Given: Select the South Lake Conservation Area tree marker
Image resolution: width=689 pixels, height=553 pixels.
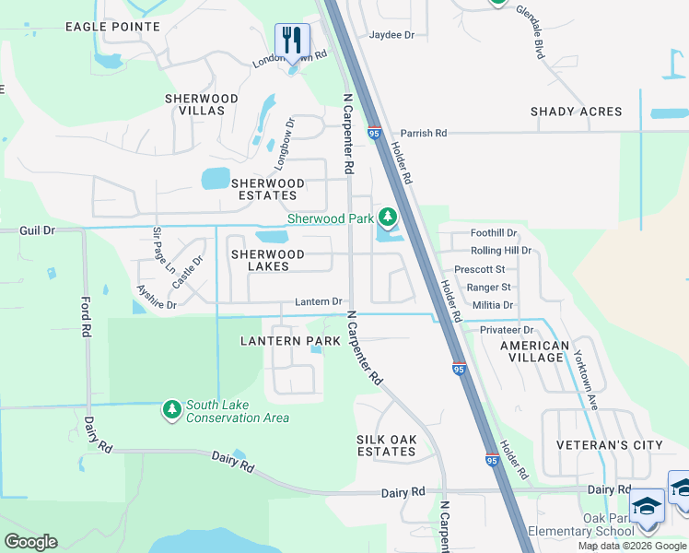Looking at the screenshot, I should coord(170,408).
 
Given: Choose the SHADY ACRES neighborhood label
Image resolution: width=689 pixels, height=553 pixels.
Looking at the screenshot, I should coord(576,112).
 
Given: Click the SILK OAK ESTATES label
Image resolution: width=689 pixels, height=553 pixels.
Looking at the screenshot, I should coord(386,445).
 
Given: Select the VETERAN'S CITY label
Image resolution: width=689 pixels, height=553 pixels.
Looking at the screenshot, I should coord(609,445).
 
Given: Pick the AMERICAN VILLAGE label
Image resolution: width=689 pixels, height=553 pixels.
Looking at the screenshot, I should coord(534,352).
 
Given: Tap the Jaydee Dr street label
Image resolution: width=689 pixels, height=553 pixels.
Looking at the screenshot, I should coord(391,35).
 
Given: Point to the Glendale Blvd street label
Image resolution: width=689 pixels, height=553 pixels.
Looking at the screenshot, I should coord(531,33).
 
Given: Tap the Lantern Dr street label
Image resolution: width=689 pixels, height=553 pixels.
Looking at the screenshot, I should coord(319,301).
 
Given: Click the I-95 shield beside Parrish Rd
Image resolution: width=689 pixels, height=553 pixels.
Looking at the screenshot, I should coord(375,134).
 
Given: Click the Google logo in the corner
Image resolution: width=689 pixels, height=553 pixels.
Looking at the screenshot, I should coord(30,542).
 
